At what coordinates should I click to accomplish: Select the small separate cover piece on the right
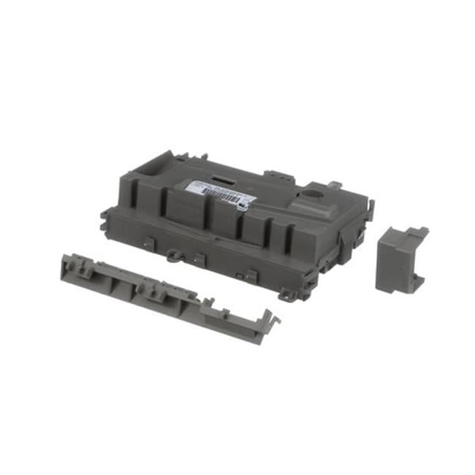point(401,257)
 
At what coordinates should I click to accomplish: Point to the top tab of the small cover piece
point(419,232)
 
